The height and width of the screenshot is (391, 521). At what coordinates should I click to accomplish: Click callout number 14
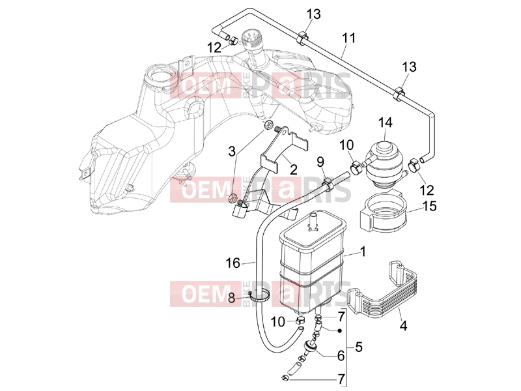coord(385,123)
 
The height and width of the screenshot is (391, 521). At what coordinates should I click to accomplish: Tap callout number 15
coord(430,206)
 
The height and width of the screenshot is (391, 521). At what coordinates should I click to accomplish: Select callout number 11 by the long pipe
coord(348,38)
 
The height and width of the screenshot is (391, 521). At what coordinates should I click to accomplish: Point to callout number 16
coord(232,263)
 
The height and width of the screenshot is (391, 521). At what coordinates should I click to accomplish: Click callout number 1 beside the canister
coord(363,252)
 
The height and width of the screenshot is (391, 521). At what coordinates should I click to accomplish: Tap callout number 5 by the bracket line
coord(359,347)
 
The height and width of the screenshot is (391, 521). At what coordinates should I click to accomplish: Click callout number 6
coord(341,356)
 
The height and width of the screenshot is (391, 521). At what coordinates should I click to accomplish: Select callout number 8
coord(231,298)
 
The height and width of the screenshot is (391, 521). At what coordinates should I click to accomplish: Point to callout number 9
coord(320,162)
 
